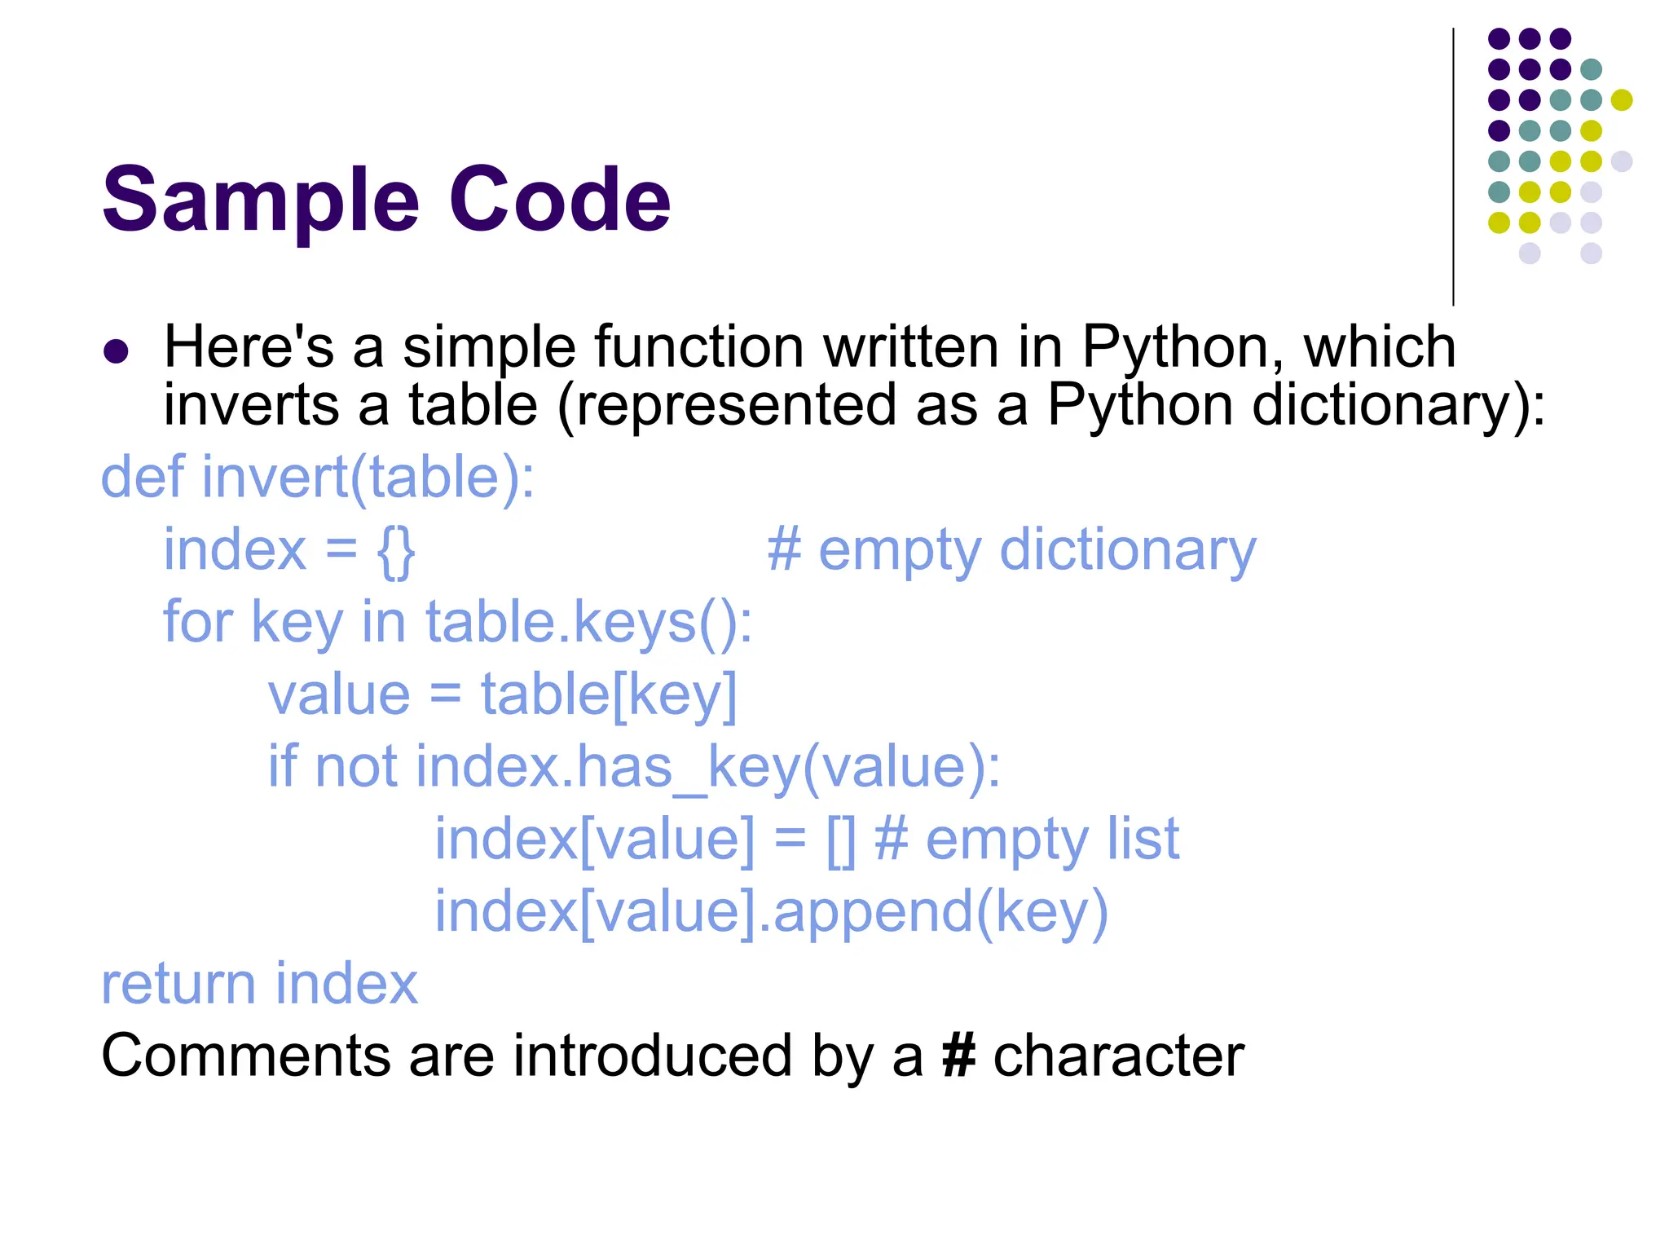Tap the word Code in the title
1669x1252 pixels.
tap(560, 201)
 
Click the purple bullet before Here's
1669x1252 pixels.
tap(116, 351)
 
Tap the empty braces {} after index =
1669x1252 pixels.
tap(397, 551)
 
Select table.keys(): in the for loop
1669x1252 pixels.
tap(589, 623)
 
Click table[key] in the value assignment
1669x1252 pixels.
tap(609, 695)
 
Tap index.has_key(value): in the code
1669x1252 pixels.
tap(708, 768)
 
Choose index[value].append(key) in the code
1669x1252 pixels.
tap(771, 912)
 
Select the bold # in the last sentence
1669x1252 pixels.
tap(958, 1056)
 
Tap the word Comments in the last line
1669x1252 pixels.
tap(245, 1056)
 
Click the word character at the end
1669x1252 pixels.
tap(1119, 1056)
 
